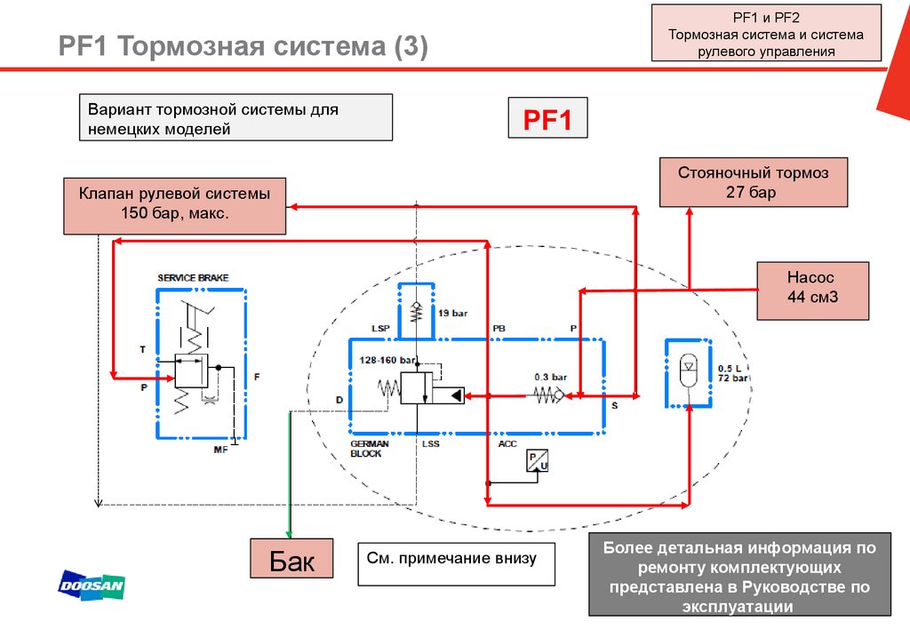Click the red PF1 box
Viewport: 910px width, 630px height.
pos(547,118)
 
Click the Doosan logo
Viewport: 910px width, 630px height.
pos(92,584)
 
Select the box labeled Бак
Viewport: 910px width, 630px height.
pos(292,562)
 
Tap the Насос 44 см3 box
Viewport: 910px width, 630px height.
pos(811,290)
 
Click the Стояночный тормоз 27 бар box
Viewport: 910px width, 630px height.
pos(753,182)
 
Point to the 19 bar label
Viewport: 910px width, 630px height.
pos(452,313)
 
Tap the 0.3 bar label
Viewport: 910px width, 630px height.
pos(550,377)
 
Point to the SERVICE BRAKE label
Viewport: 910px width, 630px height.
pos(193,278)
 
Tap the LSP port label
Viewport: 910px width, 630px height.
pos(381,329)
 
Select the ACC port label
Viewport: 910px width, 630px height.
pos(507,443)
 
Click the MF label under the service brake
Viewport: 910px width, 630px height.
pos(221,451)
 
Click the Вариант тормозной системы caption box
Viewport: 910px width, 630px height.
pos(235,118)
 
